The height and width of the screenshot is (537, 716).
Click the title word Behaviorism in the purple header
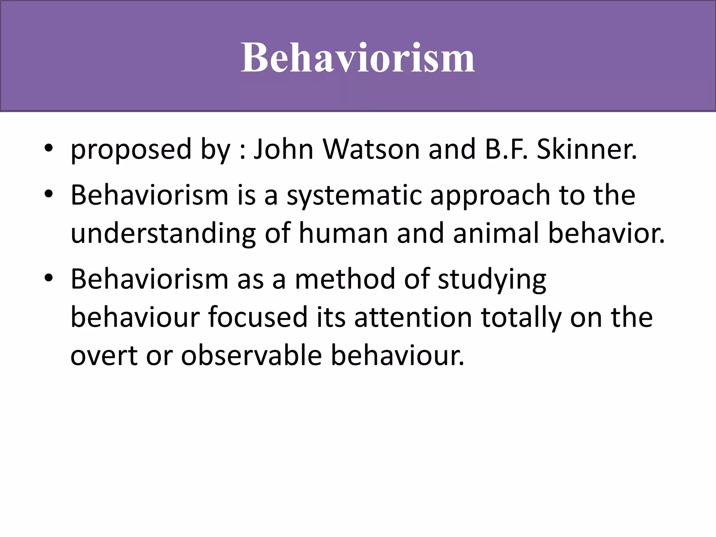pos(358,58)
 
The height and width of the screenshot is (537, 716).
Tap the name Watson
pos(371,149)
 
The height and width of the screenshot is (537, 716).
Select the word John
pos(283,149)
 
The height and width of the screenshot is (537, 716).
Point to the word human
pos(343,234)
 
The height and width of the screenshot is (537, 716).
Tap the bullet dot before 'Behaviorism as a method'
pos(49,278)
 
